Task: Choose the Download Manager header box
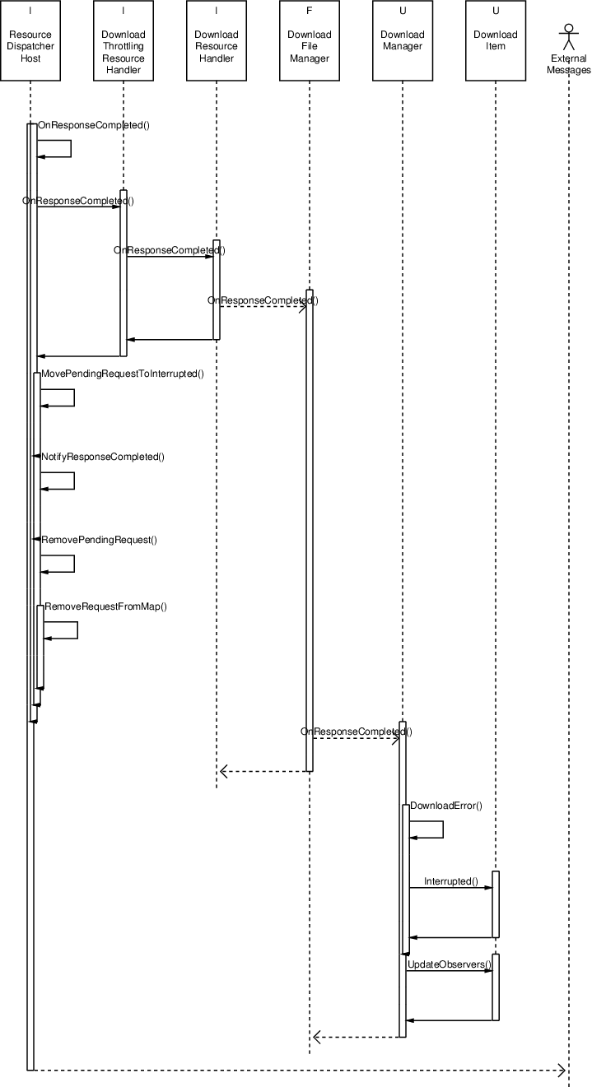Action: tap(402, 40)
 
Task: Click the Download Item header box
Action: tap(495, 40)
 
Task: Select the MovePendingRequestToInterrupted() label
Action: tap(122, 374)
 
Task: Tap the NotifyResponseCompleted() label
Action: tap(102, 457)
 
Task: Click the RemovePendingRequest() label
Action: tap(99, 540)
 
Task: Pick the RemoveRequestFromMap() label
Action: tap(105, 606)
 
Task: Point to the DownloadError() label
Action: tap(445, 806)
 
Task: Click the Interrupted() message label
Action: tap(450, 881)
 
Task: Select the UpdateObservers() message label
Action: tap(449, 964)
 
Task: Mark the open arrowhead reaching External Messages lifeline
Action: tap(562, 1070)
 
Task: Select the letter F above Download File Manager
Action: tap(309, 11)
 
